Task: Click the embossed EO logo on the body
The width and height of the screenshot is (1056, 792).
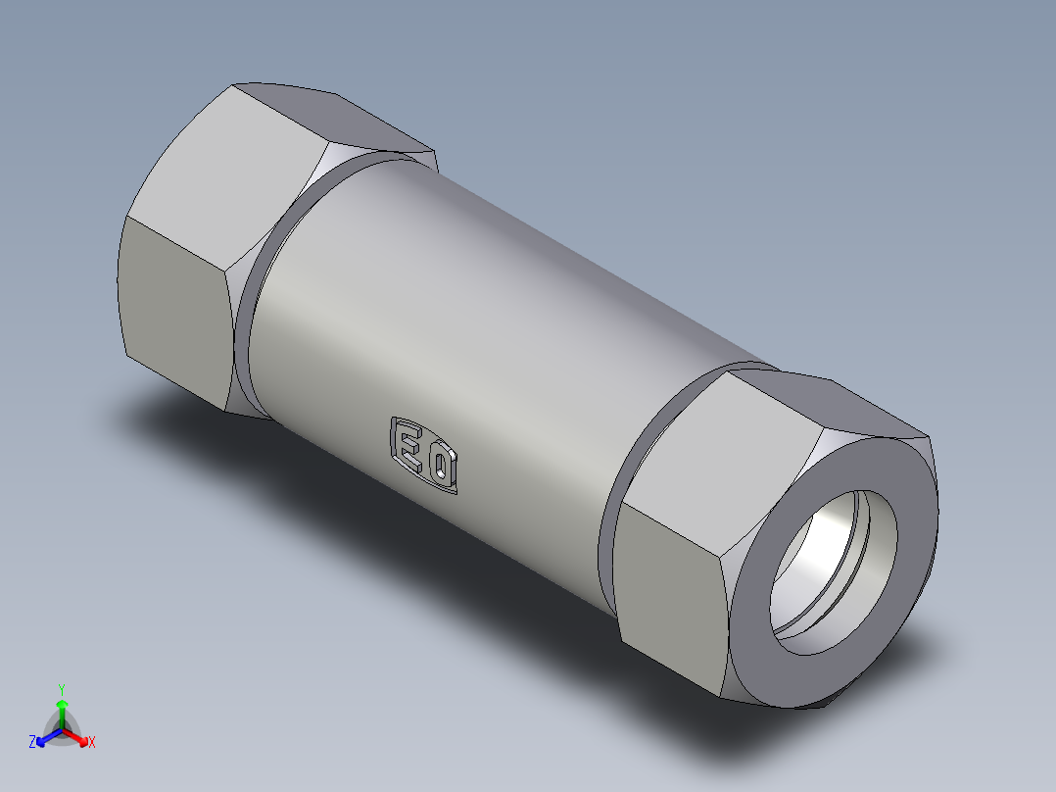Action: click(425, 455)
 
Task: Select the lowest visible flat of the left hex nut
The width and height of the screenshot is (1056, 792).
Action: click(176, 314)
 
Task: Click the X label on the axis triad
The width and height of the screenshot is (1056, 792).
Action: click(92, 742)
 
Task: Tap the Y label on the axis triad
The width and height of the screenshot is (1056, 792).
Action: click(61, 688)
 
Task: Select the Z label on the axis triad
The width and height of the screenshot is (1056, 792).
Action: click(32, 742)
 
